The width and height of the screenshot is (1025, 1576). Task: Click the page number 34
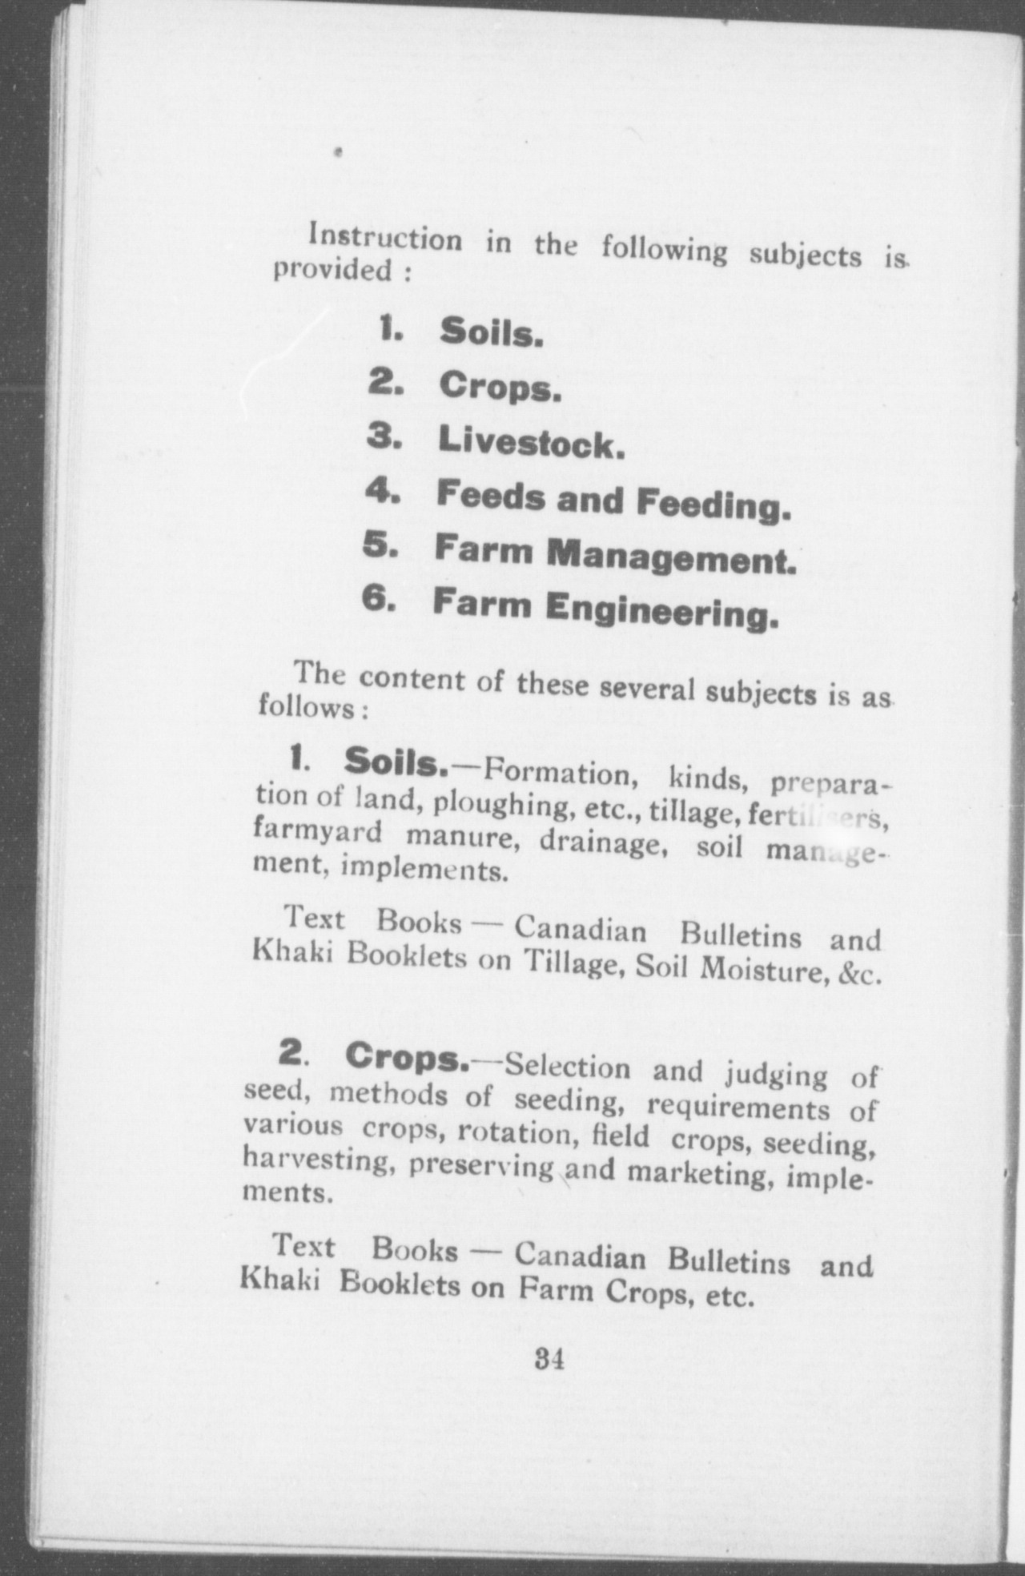[550, 1359]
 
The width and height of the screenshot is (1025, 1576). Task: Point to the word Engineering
[661, 611]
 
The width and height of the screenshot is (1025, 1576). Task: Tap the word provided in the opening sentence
[332, 270]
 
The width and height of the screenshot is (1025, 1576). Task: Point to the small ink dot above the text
[340, 150]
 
